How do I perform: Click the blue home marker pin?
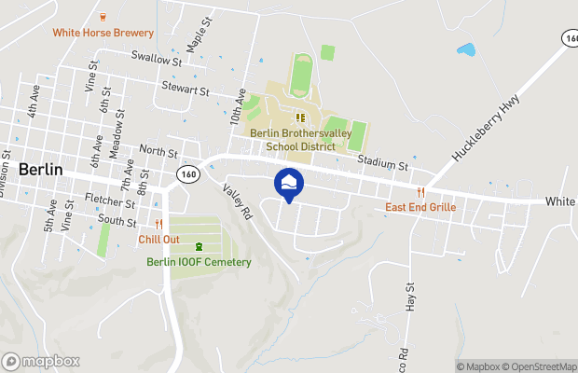pos(289,183)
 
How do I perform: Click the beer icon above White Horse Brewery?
pos(103,16)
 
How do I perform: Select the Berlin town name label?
pos(40,170)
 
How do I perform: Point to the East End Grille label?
pos(420,207)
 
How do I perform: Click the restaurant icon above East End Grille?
pos(420,193)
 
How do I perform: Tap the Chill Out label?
pos(158,239)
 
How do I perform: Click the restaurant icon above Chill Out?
pos(158,225)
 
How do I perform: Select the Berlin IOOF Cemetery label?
pos(199,262)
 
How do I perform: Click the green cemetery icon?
pos(198,247)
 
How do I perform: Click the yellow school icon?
pos(300,117)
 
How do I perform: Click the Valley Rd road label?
pos(238,200)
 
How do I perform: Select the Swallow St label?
pos(156,59)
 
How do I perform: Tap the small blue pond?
pos(464,48)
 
